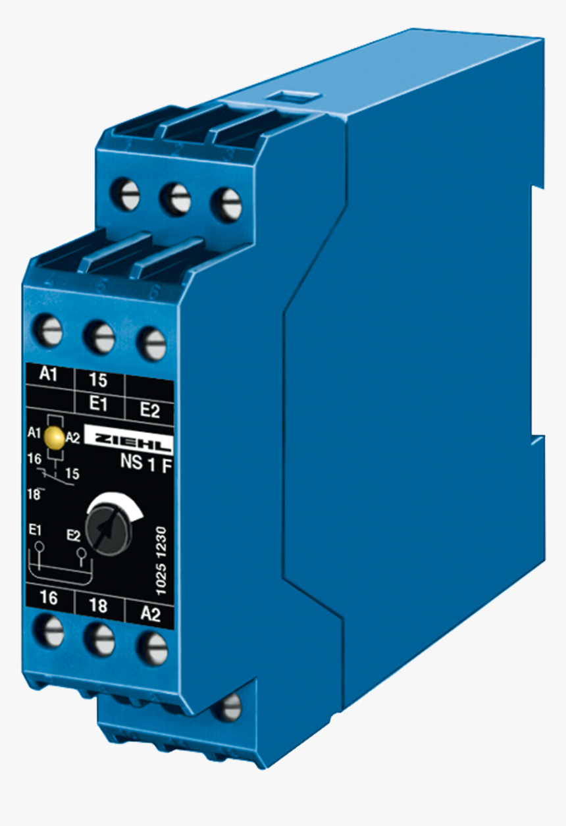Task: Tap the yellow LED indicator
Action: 57,436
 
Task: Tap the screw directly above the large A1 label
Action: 48,330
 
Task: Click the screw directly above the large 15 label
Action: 99,337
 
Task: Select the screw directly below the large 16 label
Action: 49,631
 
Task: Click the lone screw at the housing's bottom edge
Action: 228,707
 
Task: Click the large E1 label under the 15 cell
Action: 98,404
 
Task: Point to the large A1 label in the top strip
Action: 49,374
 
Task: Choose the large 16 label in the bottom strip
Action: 48,598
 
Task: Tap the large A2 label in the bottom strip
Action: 151,614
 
